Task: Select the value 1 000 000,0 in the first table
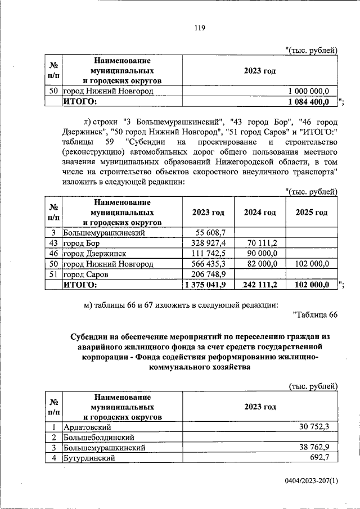(x=312, y=91)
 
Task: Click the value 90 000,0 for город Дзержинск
(x=262, y=253)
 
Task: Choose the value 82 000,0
(x=262, y=264)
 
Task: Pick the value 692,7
(x=327, y=458)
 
